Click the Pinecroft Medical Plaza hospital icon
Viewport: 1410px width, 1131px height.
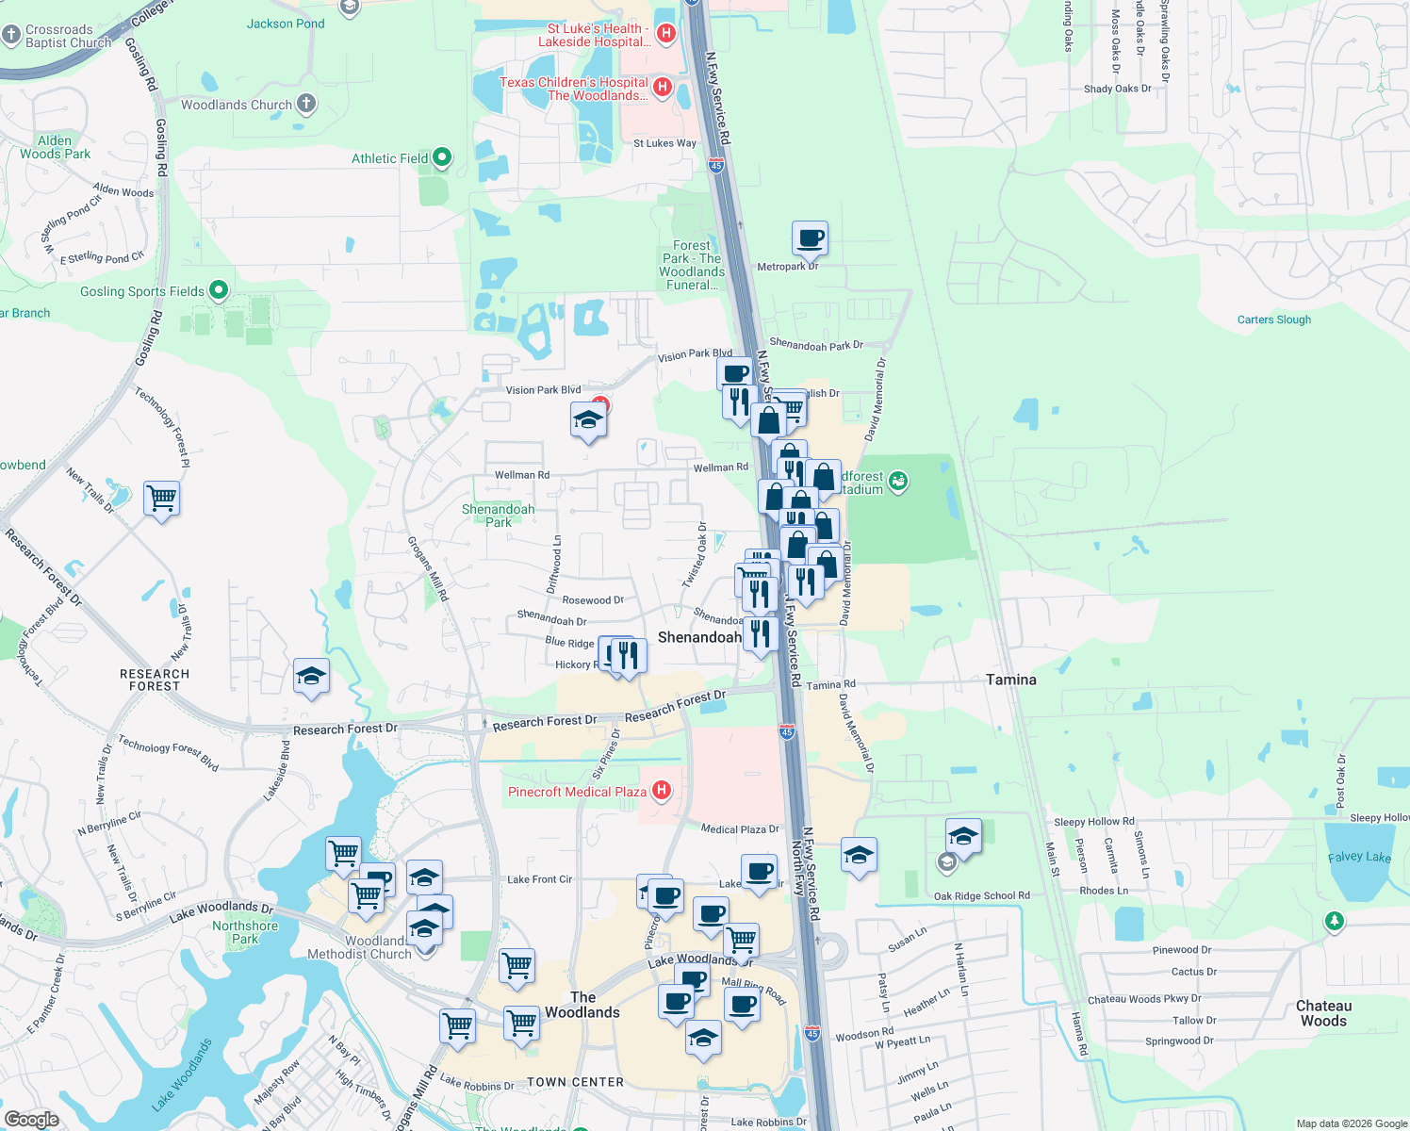click(x=662, y=791)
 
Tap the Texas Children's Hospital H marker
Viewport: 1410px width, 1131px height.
click(x=662, y=88)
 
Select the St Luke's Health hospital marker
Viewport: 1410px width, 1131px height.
click(x=665, y=34)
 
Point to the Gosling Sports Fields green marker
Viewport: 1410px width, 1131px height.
click(x=219, y=290)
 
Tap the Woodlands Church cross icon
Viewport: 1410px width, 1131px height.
click(x=306, y=104)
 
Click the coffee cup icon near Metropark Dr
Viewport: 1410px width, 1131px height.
click(x=810, y=238)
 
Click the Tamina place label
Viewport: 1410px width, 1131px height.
click(x=1010, y=680)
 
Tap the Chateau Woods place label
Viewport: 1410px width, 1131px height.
click(x=1323, y=1013)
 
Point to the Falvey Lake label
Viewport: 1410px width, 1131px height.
click(x=1359, y=857)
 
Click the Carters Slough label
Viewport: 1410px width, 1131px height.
click(x=1273, y=320)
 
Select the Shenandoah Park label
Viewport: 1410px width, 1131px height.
click(x=498, y=516)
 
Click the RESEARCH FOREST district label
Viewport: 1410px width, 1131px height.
click(x=155, y=680)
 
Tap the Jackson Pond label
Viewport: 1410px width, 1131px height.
click(x=286, y=24)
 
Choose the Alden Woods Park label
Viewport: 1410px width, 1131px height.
click(x=56, y=147)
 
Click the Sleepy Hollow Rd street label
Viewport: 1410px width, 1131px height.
click(x=1093, y=822)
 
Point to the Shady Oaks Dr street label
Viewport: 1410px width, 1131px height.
click(x=1117, y=89)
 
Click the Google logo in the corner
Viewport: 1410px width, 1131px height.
click(x=31, y=1119)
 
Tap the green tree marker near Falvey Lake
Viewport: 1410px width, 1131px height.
click(x=1334, y=921)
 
